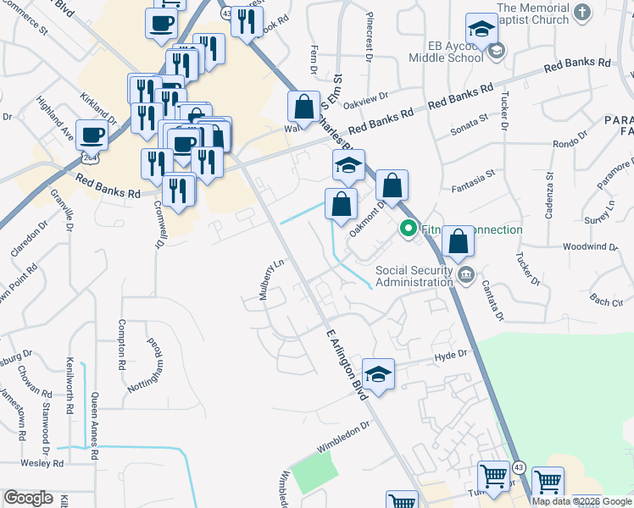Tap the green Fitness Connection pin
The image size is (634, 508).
(x=408, y=229)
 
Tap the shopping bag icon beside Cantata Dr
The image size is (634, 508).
(x=458, y=242)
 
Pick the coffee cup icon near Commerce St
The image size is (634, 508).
(x=160, y=25)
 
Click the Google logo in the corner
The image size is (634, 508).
(x=28, y=498)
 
